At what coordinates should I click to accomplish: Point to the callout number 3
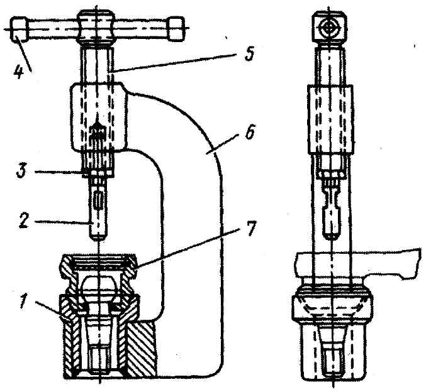(x=22, y=171)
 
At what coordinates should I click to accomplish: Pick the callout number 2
(x=23, y=221)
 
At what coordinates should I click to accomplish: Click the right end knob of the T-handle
(x=176, y=28)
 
